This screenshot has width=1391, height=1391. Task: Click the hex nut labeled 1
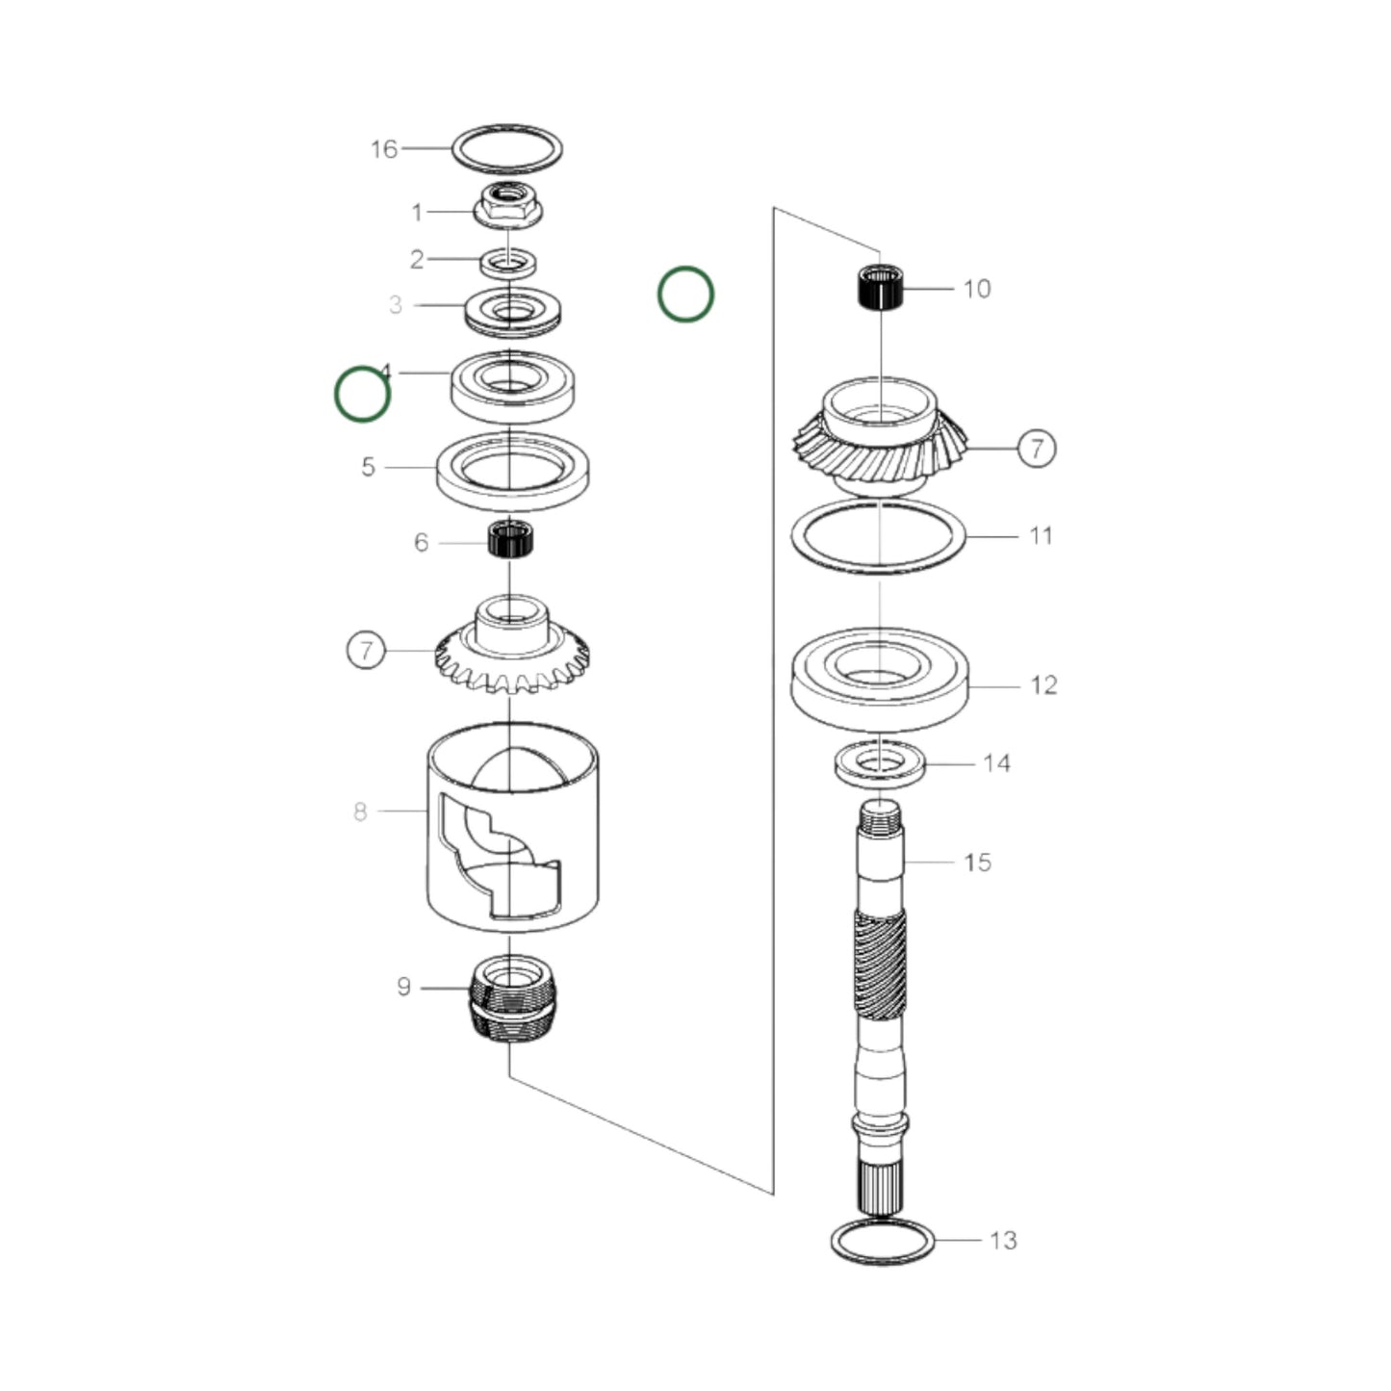pyautogui.click(x=507, y=206)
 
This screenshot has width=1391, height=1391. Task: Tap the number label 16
pyautogui.click(x=383, y=149)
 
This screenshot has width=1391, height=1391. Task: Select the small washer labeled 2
pyautogui.click(x=508, y=261)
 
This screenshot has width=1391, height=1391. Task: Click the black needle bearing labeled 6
pyautogui.click(x=511, y=538)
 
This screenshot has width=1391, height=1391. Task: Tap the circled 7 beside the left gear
pyautogui.click(x=366, y=650)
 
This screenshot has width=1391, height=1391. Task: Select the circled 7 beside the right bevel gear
pyautogui.click(x=1036, y=448)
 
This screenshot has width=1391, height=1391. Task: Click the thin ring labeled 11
pyautogui.click(x=877, y=537)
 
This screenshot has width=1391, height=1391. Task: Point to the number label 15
pyautogui.click(x=977, y=863)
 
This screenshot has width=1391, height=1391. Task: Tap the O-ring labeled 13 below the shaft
pyautogui.click(x=882, y=1241)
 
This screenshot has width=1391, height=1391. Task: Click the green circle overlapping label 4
pyautogui.click(x=362, y=395)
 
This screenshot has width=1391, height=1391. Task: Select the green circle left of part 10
pyautogui.click(x=685, y=295)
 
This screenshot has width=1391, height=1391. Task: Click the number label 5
pyautogui.click(x=368, y=467)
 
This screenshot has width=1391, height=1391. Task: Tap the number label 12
pyautogui.click(x=1043, y=685)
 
